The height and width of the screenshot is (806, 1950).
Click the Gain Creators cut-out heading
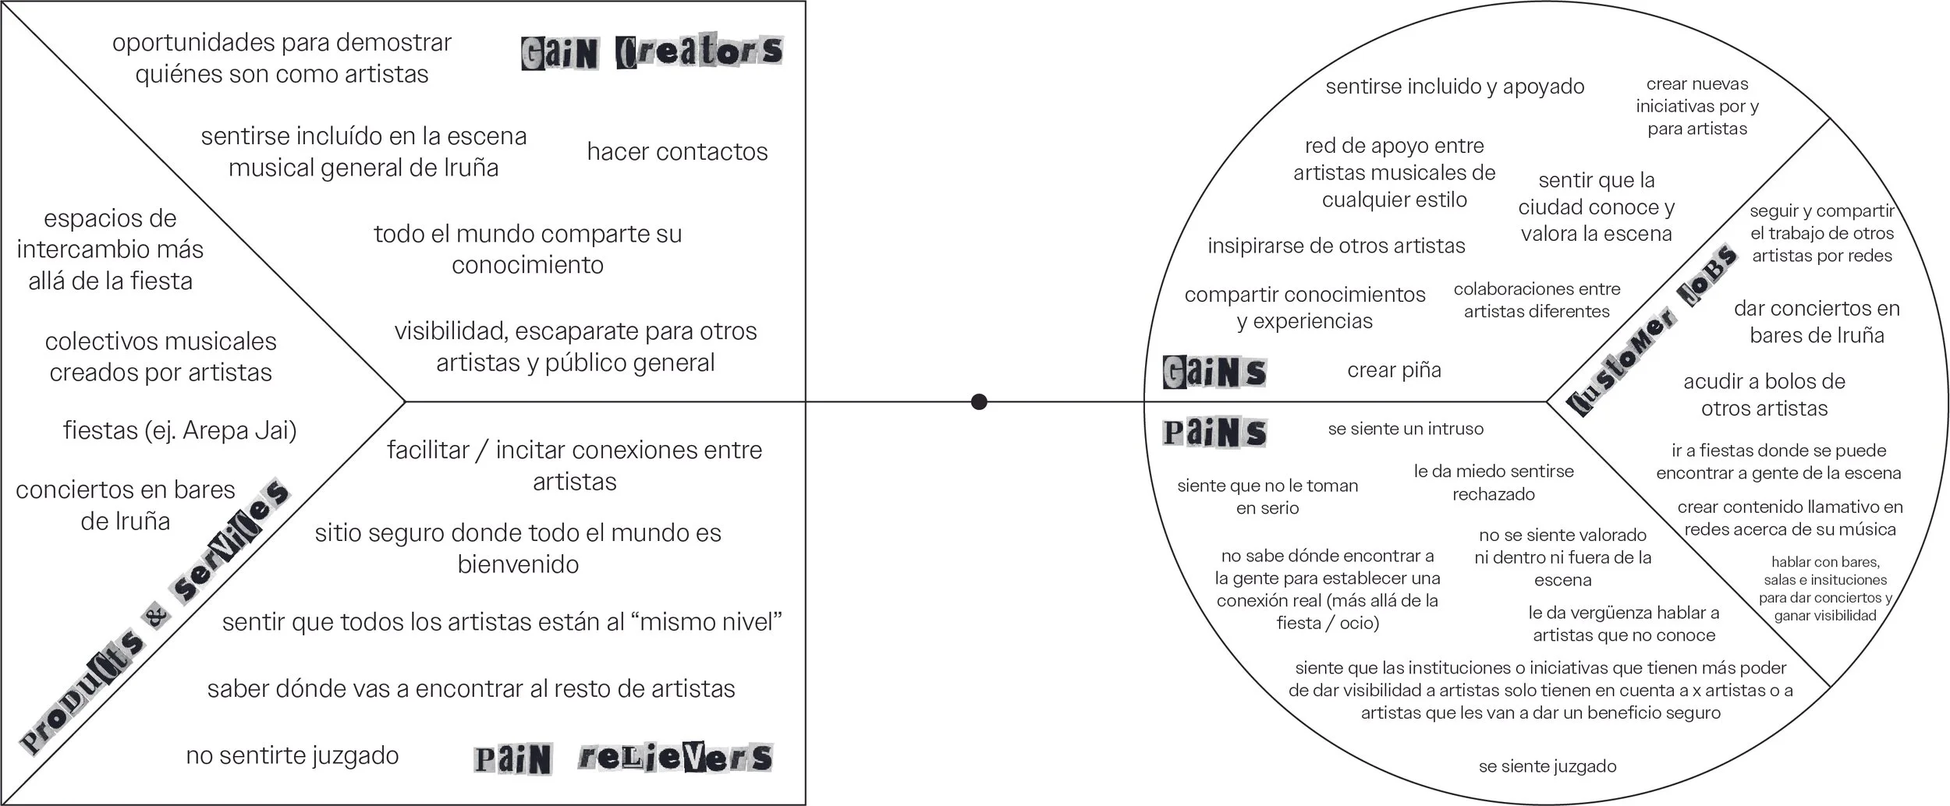point(651,52)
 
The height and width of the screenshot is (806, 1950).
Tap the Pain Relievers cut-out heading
point(622,758)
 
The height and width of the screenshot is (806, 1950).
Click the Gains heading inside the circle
point(1214,372)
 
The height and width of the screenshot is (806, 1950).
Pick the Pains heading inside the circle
point(1214,433)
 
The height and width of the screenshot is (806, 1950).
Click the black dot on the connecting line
point(979,402)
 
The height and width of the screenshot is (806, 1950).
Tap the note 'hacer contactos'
point(677,151)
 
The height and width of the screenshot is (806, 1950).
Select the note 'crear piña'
point(1394,370)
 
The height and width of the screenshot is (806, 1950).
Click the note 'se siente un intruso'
point(1406,429)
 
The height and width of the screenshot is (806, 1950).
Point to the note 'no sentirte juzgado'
point(292,755)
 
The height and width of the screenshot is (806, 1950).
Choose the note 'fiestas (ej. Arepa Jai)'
point(179,430)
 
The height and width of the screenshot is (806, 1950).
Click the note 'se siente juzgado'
point(1547,766)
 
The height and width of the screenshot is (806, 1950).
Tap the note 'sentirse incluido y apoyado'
point(1455,87)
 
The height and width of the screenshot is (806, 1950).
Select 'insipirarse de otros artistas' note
point(1336,246)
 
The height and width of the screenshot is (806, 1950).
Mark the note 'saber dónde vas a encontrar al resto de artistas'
point(471,689)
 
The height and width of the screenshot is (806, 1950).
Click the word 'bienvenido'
point(518,564)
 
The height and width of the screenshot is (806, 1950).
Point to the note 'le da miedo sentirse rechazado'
point(1494,483)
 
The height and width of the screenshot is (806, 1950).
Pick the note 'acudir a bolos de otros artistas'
point(1764,395)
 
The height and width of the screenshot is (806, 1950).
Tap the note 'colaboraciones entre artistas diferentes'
point(1537,300)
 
